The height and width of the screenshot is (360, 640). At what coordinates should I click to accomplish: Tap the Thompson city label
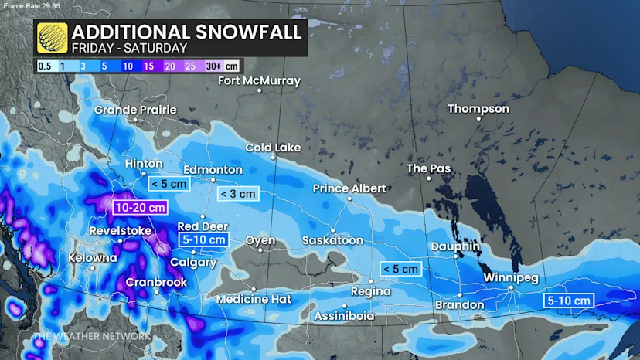[x=478, y=109]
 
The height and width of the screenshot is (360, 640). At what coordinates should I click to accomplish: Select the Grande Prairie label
[x=135, y=110]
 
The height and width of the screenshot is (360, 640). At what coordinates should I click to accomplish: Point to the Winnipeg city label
[x=510, y=277]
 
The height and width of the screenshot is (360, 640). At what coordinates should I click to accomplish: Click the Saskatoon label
[x=332, y=240]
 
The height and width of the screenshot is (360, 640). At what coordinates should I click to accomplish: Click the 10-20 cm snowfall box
[x=140, y=207]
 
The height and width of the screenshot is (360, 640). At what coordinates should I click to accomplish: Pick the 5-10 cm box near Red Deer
[x=204, y=239]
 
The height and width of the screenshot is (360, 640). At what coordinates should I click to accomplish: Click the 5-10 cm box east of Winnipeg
[x=568, y=300]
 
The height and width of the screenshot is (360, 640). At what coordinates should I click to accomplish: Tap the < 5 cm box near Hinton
[x=165, y=183]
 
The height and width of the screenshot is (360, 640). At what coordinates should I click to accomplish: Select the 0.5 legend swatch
[x=46, y=66]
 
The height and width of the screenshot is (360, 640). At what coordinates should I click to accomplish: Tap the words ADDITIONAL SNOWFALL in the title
[x=185, y=32]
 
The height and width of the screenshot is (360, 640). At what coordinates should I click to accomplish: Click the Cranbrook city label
[x=156, y=283]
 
